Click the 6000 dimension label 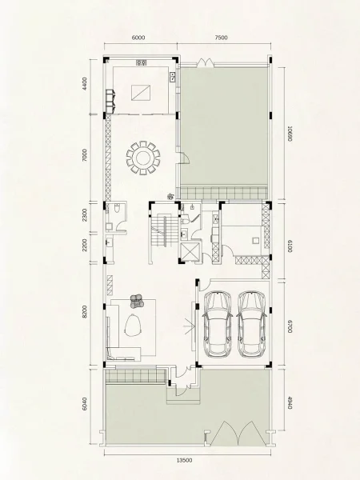(138, 38)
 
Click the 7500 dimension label (221, 38)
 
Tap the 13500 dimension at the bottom (185, 460)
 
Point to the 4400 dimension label (85, 83)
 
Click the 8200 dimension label (85, 311)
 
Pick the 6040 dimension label (85, 404)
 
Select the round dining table (143, 158)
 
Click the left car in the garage (218, 324)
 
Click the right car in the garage (252, 324)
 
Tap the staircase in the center (164, 231)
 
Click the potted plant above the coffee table (136, 301)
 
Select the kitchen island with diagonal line (141, 93)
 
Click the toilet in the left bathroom (116, 209)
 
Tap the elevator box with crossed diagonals (190, 252)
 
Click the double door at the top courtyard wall (205, 62)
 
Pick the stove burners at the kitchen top (141, 62)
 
